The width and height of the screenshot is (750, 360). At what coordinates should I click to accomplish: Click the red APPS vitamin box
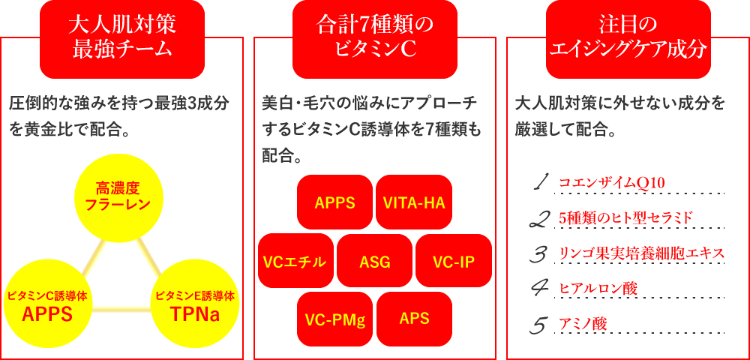[334, 202]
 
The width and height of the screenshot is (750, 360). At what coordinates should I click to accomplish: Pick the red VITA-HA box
[414, 202]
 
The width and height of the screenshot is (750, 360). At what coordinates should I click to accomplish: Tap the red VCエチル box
[295, 261]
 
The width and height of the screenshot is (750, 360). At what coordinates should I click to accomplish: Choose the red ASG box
[374, 261]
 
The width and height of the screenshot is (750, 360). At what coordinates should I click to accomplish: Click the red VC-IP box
[454, 261]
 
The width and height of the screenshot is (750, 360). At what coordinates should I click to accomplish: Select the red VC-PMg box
[334, 319]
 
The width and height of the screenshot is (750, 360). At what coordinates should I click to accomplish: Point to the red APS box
[414, 319]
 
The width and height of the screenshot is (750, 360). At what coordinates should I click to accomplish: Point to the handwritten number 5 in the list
[539, 325]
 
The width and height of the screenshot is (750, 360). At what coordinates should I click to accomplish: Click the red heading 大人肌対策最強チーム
[121, 39]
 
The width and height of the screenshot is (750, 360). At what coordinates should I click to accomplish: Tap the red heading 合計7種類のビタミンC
[374, 39]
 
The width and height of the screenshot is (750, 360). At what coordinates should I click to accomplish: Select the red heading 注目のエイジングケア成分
[628, 39]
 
